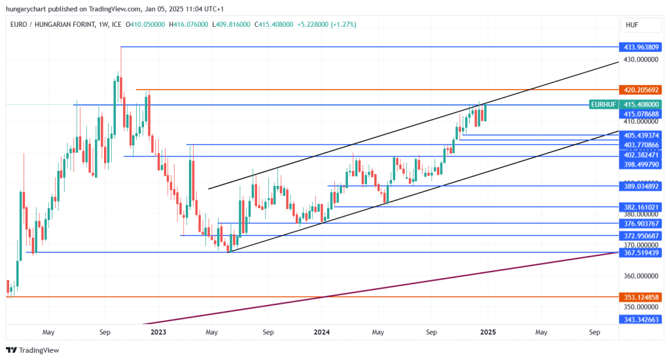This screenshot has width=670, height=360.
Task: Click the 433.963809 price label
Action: coord(641,47)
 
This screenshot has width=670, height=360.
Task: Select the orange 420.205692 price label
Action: coord(641,89)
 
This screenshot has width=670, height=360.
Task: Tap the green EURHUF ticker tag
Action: coord(603,105)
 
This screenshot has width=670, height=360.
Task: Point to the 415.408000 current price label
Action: coord(641,105)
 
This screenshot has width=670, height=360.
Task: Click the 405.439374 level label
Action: coord(641,135)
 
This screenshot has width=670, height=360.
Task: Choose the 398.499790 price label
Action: coord(641,165)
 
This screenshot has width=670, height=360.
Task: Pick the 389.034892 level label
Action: coord(641,187)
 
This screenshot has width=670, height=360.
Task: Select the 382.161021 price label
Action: coord(641,207)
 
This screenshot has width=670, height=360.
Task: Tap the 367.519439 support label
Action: coord(641,253)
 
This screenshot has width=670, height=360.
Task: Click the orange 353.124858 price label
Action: coord(641,297)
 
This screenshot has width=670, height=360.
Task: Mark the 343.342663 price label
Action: coord(641,319)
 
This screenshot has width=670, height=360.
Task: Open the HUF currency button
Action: coord(632,25)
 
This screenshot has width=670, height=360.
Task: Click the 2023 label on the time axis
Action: coord(158,333)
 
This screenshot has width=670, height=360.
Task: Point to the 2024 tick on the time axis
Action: coord(321,333)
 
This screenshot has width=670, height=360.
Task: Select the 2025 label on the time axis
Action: coord(487,333)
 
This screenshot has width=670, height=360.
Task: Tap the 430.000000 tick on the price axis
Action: coord(640,60)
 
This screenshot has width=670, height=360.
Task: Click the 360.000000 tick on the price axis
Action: coord(640,276)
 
